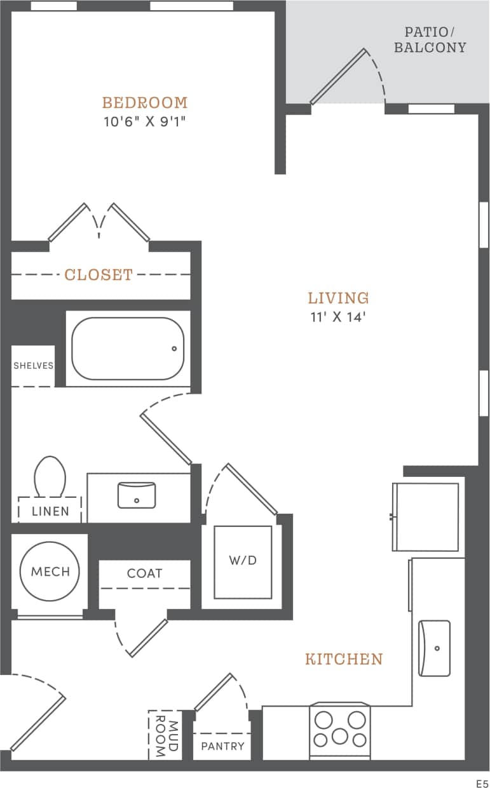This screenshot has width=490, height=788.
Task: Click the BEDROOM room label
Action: click(145, 102)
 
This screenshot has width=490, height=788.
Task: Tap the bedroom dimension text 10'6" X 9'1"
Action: click(145, 121)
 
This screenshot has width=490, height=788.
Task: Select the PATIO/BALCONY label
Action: click(430, 40)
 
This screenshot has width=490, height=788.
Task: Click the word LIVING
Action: click(338, 298)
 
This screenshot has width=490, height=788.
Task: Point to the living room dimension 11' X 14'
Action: click(338, 317)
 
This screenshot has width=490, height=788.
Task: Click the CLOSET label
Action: click(99, 274)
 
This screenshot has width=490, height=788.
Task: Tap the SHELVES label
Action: click(33, 366)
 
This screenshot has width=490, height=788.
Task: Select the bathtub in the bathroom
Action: click(127, 349)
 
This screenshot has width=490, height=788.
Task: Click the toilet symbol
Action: click(50, 476)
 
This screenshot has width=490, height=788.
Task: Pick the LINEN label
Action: click(50, 511)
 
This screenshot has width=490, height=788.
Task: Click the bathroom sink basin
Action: click(137, 495)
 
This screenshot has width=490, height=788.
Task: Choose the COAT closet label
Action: click(145, 573)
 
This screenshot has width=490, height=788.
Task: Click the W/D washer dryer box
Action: click(243, 561)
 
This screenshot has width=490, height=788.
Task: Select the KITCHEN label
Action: click(344, 659)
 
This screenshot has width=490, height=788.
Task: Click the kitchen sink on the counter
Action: click(434, 648)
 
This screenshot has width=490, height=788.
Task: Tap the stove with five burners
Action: click(340, 730)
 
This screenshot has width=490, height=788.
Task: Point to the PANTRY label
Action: click(222, 746)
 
